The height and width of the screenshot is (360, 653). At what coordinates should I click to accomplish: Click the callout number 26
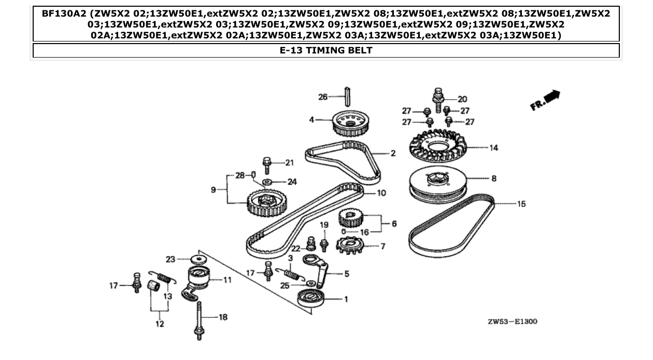pos(322,96)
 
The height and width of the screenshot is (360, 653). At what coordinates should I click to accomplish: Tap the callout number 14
pos(493,148)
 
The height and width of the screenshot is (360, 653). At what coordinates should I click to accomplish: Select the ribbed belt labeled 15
pos(451,228)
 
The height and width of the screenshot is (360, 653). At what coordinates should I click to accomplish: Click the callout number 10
pos(381,193)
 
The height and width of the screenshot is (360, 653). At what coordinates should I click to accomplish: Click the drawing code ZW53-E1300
pos(512,322)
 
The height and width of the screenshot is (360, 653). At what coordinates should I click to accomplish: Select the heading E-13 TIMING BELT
pos(326,50)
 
